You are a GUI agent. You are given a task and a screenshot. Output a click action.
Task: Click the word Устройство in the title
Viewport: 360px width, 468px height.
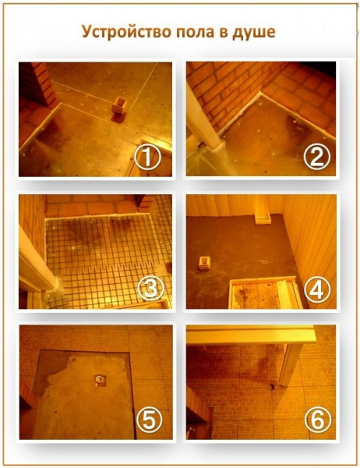(126, 32)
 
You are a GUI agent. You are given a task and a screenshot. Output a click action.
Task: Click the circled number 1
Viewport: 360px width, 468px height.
(147, 158)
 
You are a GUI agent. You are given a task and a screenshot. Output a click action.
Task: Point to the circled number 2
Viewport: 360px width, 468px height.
(317, 158)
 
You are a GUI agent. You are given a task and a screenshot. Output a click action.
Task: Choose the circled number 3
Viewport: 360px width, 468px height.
(150, 289)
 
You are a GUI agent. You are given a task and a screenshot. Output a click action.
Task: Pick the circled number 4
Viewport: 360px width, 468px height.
(317, 289)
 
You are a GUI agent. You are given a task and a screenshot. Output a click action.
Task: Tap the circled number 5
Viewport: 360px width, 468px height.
(149, 420)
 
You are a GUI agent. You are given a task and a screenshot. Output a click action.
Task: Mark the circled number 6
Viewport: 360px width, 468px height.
(318, 420)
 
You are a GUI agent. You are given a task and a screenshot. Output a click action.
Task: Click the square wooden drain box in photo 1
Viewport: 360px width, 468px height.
(119, 105)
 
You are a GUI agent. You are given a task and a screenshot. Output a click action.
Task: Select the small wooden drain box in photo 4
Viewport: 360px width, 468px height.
(204, 263)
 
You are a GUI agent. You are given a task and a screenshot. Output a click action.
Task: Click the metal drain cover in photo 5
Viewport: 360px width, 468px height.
(101, 380)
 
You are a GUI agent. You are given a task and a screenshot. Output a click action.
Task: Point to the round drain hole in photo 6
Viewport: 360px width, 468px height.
(271, 387)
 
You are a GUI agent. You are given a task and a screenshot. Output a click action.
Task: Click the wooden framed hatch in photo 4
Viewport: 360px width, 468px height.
(267, 293)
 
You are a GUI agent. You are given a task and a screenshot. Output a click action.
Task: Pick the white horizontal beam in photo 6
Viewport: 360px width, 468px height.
(251, 335)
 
